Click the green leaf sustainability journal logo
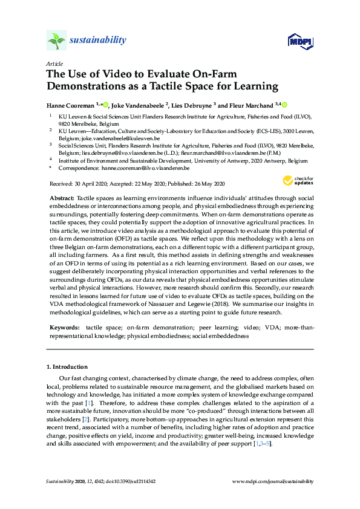click(56, 41)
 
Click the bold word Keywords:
click(65, 327)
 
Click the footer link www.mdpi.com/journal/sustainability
click(273, 482)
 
